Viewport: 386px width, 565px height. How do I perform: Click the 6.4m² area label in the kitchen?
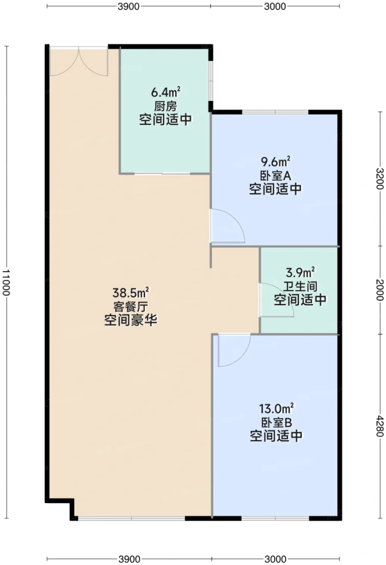[165, 92]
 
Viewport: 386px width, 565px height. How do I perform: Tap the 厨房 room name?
[165, 107]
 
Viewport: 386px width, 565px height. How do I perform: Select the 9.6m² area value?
[275, 161]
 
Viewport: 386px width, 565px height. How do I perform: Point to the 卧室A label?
[275, 176]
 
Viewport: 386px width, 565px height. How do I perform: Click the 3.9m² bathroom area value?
[300, 272]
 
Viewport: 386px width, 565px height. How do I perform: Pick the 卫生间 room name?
[300, 287]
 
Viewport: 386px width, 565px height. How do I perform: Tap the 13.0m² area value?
[276, 408]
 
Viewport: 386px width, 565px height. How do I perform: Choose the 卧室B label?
[276, 423]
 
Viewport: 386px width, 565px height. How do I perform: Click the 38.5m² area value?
[131, 293]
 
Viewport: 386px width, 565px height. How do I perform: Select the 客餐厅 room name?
[131, 307]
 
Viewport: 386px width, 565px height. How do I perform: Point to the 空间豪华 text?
[131, 321]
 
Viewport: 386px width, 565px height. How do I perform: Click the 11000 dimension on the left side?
[6, 282]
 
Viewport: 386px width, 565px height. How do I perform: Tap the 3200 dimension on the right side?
[380, 178]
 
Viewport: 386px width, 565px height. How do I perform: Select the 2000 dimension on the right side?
[380, 290]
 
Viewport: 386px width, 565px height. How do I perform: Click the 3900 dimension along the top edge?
[129, 6]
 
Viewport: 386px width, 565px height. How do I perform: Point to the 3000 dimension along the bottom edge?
[275, 559]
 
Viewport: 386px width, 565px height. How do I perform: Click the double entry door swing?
[79, 61]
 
